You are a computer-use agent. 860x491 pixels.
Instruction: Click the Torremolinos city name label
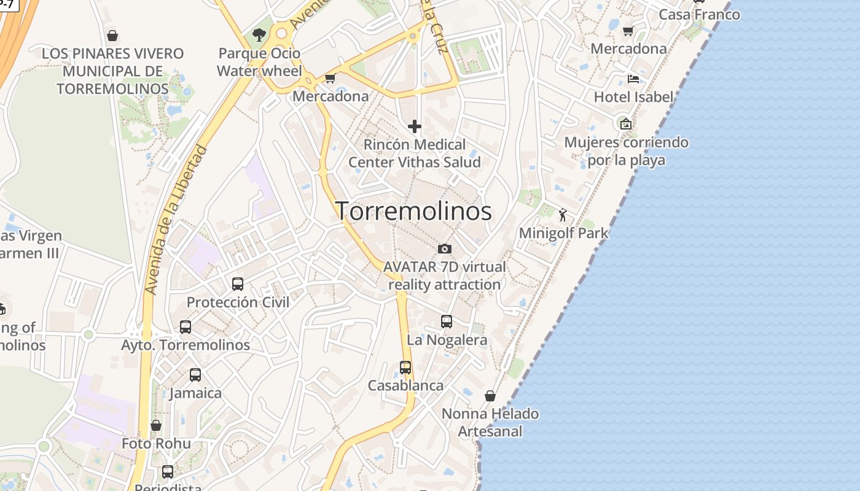click(413, 211)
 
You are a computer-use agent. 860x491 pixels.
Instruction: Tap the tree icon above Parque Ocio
click(259, 35)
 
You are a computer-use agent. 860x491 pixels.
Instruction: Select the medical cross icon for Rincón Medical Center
click(415, 127)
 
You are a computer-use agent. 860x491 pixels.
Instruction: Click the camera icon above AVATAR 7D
click(445, 249)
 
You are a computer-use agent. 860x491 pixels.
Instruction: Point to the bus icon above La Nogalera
click(447, 321)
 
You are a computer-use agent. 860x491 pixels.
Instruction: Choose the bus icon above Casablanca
click(405, 367)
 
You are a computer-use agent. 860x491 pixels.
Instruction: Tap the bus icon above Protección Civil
click(238, 284)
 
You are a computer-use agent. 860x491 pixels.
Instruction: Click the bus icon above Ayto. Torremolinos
click(186, 327)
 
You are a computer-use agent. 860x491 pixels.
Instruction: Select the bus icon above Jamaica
click(195, 374)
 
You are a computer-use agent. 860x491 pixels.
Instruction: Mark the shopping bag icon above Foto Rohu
click(156, 425)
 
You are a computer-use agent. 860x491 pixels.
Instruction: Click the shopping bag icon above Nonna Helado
click(490, 396)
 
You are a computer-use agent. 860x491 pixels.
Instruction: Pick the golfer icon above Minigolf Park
click(563, 215)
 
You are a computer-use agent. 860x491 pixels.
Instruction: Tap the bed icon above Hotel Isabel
click(633, 79)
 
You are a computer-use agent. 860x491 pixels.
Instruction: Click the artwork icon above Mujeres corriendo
click(626, 124)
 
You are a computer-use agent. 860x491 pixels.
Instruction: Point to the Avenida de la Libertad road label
click(176, 219)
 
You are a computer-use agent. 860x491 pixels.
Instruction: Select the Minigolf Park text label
click(563, 233)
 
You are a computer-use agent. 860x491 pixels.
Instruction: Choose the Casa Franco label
click(699, 14)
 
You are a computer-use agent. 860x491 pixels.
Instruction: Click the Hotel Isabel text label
click(633, 97)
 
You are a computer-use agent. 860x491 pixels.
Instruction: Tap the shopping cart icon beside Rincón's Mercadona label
click(330, 79)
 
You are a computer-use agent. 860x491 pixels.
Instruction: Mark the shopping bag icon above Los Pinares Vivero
click(112, 36)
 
